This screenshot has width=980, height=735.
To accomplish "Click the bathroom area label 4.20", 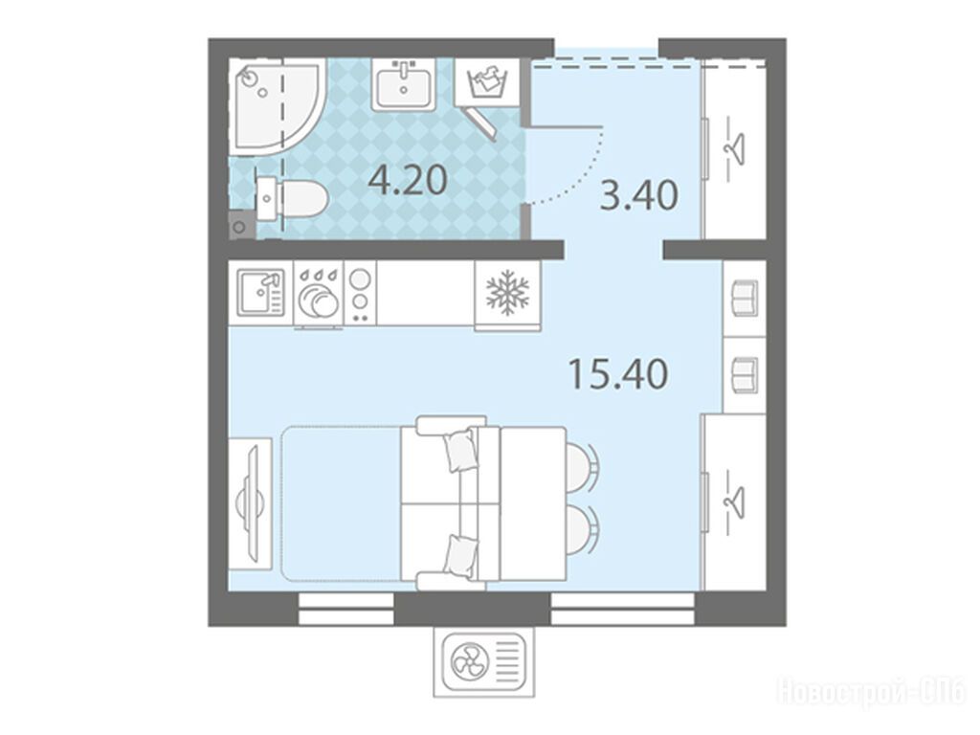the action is [408, 180].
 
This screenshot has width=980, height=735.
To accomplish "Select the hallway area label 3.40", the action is [638, 195].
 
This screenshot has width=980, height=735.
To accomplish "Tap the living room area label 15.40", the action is [618, 374].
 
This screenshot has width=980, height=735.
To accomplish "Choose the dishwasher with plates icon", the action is [319, 294].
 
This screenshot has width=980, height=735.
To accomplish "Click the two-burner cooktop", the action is [360, 293].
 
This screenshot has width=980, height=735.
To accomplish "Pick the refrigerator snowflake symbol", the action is [507, 291].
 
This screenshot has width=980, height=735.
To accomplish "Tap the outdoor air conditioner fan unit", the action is [485, 662].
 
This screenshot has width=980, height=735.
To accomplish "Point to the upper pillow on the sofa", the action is [461, 449].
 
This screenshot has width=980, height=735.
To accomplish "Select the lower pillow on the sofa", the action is [461, 554].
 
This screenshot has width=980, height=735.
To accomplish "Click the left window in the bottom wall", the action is [346, 610].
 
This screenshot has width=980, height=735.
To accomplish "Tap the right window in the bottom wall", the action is [622, 610].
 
